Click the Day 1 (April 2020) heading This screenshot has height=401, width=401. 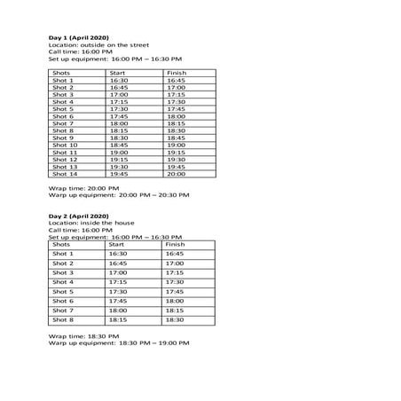[77, 37]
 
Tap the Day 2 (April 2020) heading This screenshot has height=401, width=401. [77, 216]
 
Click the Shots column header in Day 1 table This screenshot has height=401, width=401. [61, 73]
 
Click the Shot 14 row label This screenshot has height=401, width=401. [65, 175]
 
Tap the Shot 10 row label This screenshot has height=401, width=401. [65, 145]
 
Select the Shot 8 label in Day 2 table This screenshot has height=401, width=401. [63, 320]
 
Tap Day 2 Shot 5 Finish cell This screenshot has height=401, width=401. [175, 292]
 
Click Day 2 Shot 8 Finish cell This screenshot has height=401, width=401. [175, 320]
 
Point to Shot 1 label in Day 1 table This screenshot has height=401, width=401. [63, 81]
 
